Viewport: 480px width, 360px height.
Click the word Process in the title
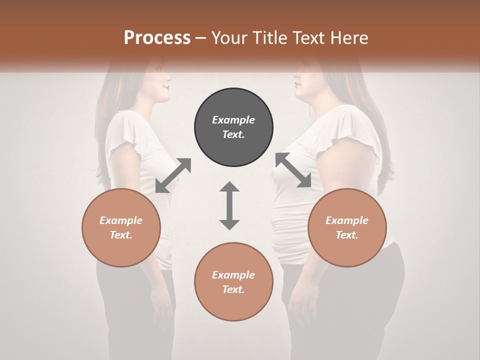(157, 38)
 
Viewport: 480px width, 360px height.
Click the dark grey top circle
(233, 127)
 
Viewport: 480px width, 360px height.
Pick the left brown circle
(121, 228)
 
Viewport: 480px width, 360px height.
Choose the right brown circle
(347, 228)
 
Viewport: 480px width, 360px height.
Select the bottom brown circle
(233, 282)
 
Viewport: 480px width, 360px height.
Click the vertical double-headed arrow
(229, 205)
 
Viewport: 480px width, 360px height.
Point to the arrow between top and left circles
(173, 175)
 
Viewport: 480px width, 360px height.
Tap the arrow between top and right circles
(293, 170)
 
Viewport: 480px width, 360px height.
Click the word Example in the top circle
(233, 120)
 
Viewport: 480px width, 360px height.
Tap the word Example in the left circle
(121, 220)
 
